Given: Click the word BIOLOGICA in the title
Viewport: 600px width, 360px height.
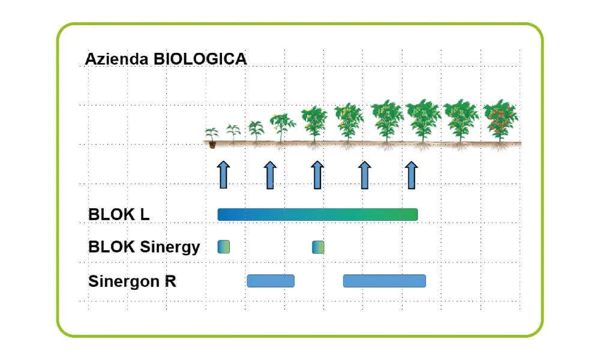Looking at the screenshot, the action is [200, 59].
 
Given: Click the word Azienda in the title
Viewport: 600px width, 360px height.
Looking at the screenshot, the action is [117, 59].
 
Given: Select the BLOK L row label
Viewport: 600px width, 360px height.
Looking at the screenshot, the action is [119, 214].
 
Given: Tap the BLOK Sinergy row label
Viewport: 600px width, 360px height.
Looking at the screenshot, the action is [144, 247].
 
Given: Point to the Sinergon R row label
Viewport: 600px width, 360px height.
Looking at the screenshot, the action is [132, 281].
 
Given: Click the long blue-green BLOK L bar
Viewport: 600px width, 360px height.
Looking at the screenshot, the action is [317, 215].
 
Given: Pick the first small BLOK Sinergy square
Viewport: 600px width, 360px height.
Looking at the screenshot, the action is [223, 247].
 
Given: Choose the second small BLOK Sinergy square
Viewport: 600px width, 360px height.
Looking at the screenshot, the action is [318, 247].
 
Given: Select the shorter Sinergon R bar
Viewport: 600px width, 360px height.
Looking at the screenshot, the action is [271, 281].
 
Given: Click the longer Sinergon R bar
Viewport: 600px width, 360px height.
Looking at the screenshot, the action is [384, 281].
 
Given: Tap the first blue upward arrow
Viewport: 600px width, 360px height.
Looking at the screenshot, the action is [223, 175].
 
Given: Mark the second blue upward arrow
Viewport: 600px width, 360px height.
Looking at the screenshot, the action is [270, 175].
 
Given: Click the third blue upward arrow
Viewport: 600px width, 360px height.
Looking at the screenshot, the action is [317, 175].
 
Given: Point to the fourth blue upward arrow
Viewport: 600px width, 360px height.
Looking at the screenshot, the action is [365, 175].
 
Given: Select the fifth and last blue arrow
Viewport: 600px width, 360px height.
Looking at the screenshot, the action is [412, 175].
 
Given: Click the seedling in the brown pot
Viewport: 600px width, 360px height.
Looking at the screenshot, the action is [212, 138].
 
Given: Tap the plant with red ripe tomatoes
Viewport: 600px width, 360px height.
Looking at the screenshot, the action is [500, 123].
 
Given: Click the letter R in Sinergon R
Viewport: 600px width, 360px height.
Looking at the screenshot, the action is [170, 281].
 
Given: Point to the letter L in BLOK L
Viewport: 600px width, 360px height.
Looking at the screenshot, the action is [145, 214].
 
